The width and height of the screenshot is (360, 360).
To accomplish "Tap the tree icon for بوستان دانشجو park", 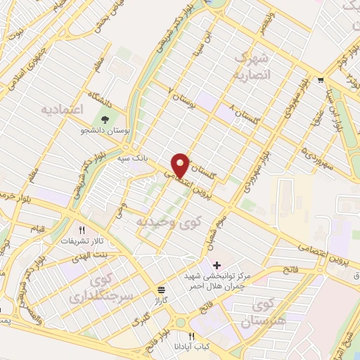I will (105, 118).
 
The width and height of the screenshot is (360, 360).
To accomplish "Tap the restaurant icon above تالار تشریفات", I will (82, 230).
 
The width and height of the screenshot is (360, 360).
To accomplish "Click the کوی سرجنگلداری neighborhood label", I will (93, 288).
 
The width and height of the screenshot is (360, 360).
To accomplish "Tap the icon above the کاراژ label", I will (162, 289).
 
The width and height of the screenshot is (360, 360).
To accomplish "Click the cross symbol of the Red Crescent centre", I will (217, 265).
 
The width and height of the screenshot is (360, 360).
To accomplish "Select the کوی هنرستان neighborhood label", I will (265, 314).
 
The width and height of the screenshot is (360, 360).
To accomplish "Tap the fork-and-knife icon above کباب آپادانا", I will (191, 336).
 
